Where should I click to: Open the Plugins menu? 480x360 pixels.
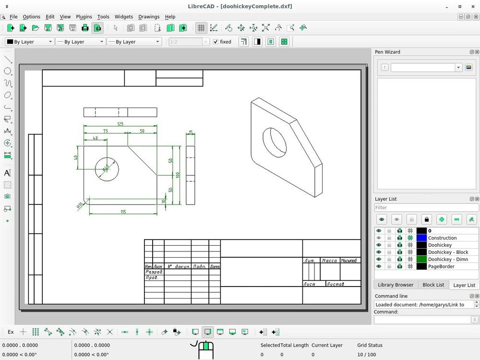tap(84, 17)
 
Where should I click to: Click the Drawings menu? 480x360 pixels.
tap(149, 17)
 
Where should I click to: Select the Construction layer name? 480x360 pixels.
tap(442, 238)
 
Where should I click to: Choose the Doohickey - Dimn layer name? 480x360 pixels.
tap(448, 259)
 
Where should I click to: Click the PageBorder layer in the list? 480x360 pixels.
tap(441, 266)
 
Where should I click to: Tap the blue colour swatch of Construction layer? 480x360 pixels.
tap(421, 238)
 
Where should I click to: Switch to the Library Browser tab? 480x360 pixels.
tap(396, 285)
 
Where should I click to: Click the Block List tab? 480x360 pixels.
tap(433, 285)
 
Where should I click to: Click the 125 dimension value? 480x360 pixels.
tap(120, 124)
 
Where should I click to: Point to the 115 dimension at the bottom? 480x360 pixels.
tap(123, 212)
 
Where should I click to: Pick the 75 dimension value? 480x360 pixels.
tap(105, 131)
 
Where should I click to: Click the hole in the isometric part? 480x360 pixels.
tap(275, 142)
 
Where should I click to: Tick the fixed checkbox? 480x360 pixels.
tap(216, 42)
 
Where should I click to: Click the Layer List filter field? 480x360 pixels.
tap(426, 208)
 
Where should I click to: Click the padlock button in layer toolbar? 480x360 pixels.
tap(426, 219)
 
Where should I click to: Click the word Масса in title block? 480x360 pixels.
tap(329, 261)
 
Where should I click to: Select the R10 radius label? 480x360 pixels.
tap(80, 205)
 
